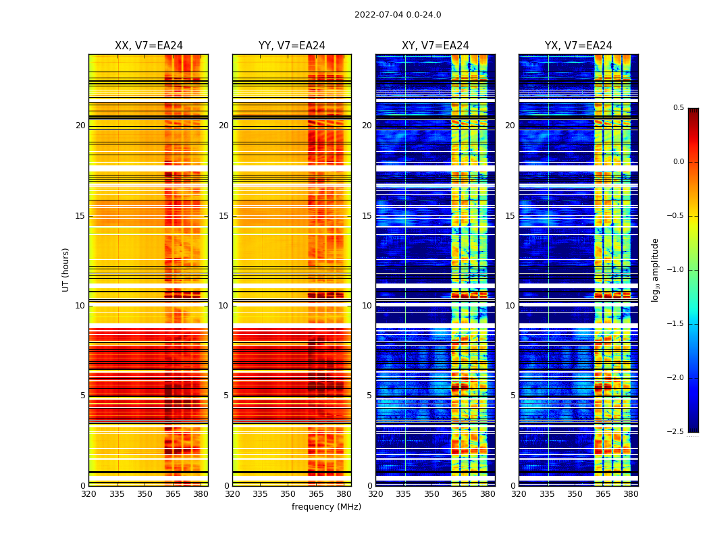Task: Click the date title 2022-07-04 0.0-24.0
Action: point(398,15)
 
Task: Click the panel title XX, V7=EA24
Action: point(149,46)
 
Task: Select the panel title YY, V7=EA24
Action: point(292,46)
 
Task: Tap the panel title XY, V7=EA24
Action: point(435,46)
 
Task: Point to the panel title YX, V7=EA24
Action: point(578,46)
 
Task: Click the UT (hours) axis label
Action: point(66,269)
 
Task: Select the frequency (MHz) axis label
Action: point(326,507)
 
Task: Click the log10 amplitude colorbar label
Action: point(655,269)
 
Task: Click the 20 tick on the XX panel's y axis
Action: point(80,126)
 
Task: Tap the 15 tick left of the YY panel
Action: point(224,216)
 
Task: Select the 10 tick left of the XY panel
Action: point(367,306)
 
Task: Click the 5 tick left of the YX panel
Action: point(513,396)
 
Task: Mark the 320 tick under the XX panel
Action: point(88,494)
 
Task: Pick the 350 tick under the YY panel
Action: point(288,494)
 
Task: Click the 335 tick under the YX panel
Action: point(547,494)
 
